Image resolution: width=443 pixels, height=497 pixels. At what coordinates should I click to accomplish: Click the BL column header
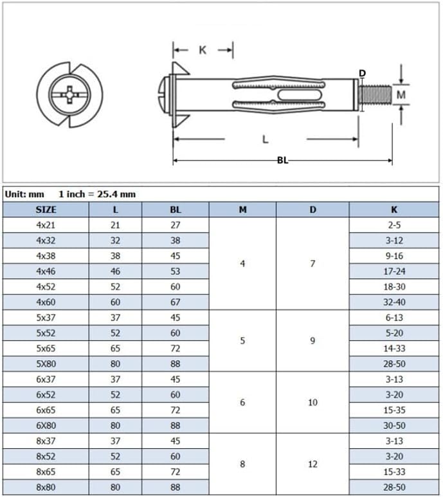pyautogui.click(x=176, y=209)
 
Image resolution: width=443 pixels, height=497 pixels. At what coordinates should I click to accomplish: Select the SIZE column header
pyautogui.click(x=46, y=209)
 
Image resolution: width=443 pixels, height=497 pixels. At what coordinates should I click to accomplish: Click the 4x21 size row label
pyautogui.click(x=46, y=225)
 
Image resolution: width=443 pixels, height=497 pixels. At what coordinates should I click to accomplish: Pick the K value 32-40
pyautogui.click(x=393, y=302)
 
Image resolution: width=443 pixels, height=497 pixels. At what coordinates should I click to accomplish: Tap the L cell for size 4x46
pyautogui.click(x=115, y=271)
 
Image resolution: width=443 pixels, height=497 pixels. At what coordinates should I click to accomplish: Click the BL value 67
pyautogui.click(x=176, y=302)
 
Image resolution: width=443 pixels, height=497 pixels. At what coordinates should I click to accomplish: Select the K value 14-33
pyautogui.click(x=393, y=348)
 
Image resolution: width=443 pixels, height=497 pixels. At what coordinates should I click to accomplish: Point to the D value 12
pyautogui.click(x=312, y=464)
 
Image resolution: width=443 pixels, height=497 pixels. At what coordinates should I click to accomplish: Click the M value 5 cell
pyautogui.click(x=242, y=340)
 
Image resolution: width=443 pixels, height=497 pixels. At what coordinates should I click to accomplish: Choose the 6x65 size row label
pyautogui.click(x=46, y=410)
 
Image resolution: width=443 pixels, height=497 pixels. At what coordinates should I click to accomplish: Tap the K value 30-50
pyautogui.click(x=393, y=425)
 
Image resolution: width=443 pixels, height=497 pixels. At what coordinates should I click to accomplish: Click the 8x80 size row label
pyautogui.click(x=46, y=487)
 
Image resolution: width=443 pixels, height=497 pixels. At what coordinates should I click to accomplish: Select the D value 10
pyautogui.click(x=312, y=402)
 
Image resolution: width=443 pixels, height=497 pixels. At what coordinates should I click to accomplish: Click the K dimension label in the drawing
pyautogui.click(x=203, y=50)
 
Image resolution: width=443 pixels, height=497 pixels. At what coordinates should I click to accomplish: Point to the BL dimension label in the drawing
pyautogui.click(x=282, y=161)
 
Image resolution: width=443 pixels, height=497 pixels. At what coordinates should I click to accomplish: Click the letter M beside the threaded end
pyautogui.click(x=401, y=94)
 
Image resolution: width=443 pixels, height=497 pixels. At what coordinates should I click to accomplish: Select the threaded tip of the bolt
pyautogui.click(x=375, y=95)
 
